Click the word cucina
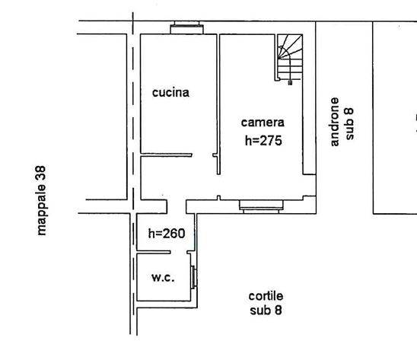pos(170,93)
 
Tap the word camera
pos(263,123)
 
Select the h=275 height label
pos(263,141)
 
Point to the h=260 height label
pos(167,234)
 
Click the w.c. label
pos(163,278)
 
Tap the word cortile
pos(266,296)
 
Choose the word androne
pos(335,122)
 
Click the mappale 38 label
pos(41,201)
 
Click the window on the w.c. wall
pos(194,277)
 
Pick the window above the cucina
pos(186,27)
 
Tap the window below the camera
pos(261,206)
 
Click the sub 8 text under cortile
pos(266,311)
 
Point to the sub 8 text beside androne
pos(349,124)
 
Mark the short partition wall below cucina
pos(166,155)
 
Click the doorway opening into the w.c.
pos(179,252)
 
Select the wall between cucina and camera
pos(218,104)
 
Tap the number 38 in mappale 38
pos(41,173)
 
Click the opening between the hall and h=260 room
pos(177,206)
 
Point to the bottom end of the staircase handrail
pos(290,84)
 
